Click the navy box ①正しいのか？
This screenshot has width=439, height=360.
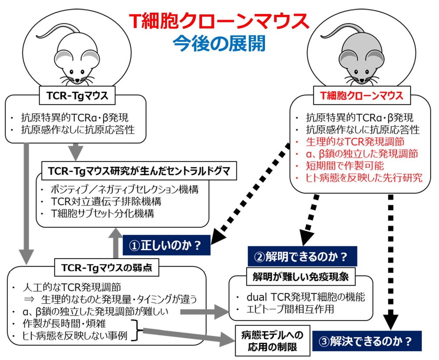[167, 245]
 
